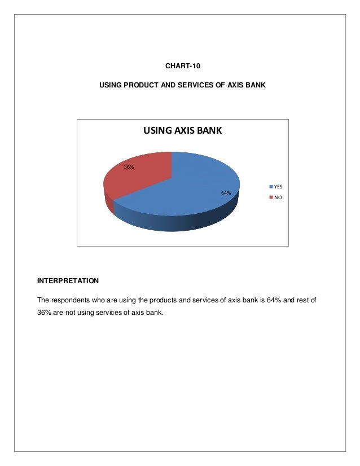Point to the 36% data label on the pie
129,167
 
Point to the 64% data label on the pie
226,193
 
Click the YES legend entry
278,186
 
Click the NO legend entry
277,197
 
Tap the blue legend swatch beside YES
271,186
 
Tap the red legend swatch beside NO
271,197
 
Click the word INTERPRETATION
68,280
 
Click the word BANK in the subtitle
255,85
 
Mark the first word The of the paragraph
43,300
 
